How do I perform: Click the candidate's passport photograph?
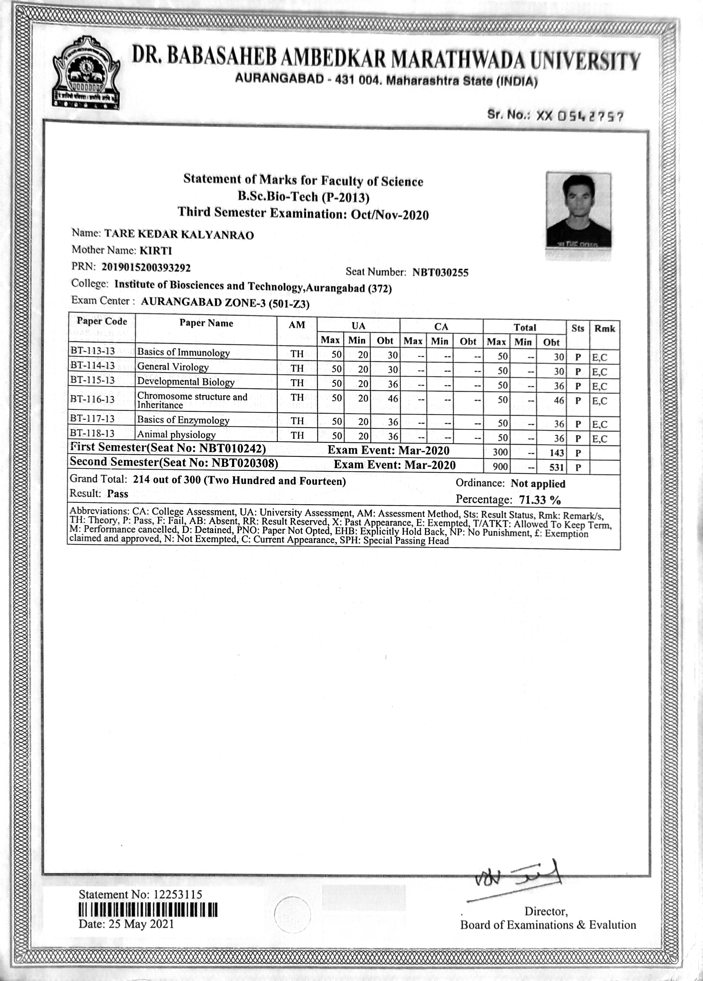pos(578,211)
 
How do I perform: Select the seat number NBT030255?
pos(440,273)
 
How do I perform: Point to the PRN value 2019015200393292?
pos(146,267)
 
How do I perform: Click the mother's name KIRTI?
pos(156,251)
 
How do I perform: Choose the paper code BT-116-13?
pos(92,399)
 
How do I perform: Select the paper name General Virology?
pos(173,367)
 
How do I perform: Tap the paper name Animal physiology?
pos(176,434)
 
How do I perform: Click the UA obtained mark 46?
pos(392,399)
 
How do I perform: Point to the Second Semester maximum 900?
pos(500,467)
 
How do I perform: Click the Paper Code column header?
pos(102,321)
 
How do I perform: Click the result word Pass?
pos(118,494)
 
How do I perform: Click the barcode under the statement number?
pos(148,910)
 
